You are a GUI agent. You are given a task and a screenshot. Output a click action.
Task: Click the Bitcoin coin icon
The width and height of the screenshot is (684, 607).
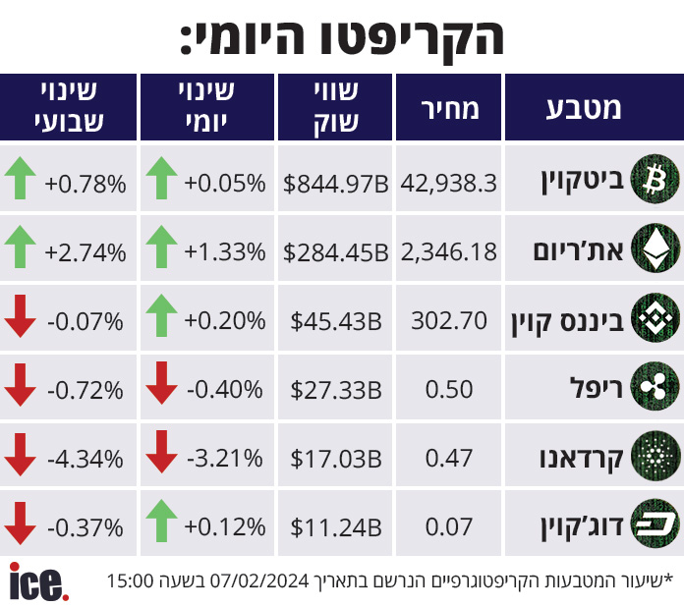coord(655,179)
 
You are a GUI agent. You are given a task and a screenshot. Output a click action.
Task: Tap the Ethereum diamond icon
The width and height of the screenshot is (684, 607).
coord(655,248)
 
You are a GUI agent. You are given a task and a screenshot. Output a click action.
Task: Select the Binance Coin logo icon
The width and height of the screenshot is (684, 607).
coord(655,317)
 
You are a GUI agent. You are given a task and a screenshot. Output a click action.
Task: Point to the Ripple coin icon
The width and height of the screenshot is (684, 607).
coord(655,386)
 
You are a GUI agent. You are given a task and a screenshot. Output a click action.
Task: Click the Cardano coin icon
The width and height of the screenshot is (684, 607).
coord(655,456)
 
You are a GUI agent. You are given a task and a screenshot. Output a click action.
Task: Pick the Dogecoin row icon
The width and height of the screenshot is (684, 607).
coord(655,524)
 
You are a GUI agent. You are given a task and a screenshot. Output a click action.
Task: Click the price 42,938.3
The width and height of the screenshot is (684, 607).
coord(448,184)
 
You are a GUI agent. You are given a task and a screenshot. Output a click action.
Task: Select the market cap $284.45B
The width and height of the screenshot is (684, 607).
coord(335,252)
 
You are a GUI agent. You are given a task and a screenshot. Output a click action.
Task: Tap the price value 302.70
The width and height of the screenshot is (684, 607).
coord(449,321)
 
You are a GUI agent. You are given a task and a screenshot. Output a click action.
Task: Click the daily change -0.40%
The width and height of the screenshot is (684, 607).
coord(225,389)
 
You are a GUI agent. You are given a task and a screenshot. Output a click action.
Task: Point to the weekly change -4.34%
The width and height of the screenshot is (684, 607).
coord(85,459)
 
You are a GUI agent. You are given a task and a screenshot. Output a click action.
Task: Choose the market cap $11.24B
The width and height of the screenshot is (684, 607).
coord(336,527)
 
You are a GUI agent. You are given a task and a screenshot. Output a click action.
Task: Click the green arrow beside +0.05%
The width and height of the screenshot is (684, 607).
coord(161,178)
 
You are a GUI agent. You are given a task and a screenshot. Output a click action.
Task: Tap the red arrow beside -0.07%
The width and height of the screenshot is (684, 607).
coord(20,316)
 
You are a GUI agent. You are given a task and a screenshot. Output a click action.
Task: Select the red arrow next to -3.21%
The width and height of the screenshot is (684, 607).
coord(161,452)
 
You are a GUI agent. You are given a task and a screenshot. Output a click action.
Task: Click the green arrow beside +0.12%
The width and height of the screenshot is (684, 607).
coord(161,521)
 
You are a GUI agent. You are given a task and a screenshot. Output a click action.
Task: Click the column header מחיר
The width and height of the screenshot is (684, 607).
coord(450,109)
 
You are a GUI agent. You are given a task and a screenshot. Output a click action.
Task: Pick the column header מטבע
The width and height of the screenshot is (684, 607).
coord(583,109)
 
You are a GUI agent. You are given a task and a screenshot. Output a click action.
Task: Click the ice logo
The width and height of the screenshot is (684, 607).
coord(39,581)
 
